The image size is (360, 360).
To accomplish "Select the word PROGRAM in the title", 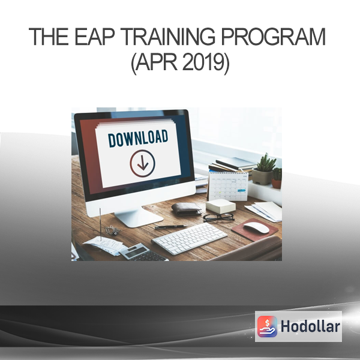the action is coord(273,37).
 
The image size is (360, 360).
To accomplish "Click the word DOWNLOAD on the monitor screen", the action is coord(138,139).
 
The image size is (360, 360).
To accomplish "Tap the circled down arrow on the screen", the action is coord(143,163).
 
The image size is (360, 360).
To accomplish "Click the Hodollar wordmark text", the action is coord(310,326).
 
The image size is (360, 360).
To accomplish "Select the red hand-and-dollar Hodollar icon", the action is coord(267,326).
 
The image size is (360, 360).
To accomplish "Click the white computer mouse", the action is coord(256,227).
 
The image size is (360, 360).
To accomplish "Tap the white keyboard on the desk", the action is coord(190,238).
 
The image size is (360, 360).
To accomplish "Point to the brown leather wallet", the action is coord(187,209).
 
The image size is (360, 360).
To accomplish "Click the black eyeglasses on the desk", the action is coord(218,217).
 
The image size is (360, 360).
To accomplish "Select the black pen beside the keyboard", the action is coord(170,227).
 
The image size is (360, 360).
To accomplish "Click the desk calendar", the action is coord(228,186).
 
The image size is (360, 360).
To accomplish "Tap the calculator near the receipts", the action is coord(142,253).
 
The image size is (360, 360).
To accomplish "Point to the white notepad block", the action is coord(221,206).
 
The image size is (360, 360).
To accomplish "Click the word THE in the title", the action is coord(49,37).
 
